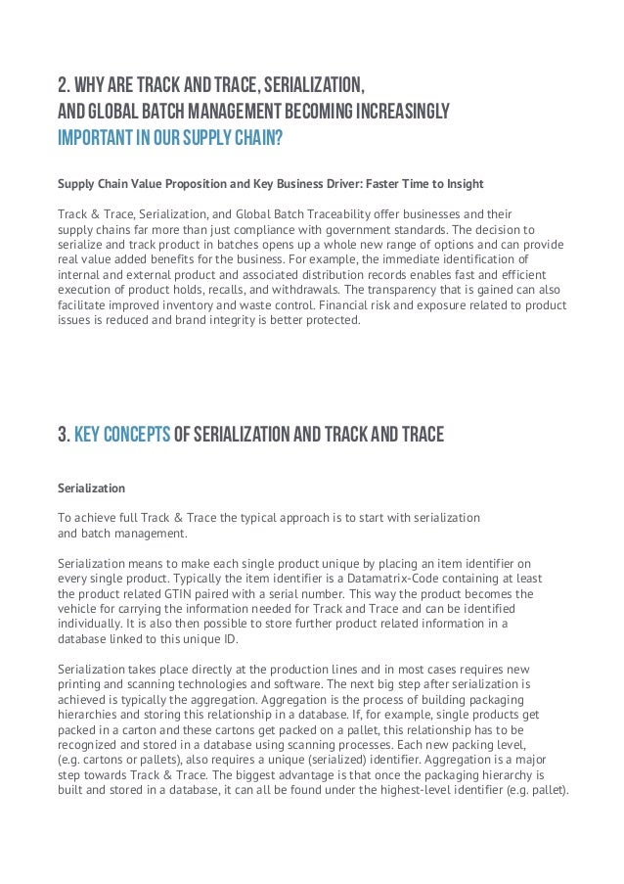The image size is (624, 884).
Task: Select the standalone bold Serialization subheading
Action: click(x=92, y=487)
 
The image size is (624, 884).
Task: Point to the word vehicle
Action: click(x=81, y=610)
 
